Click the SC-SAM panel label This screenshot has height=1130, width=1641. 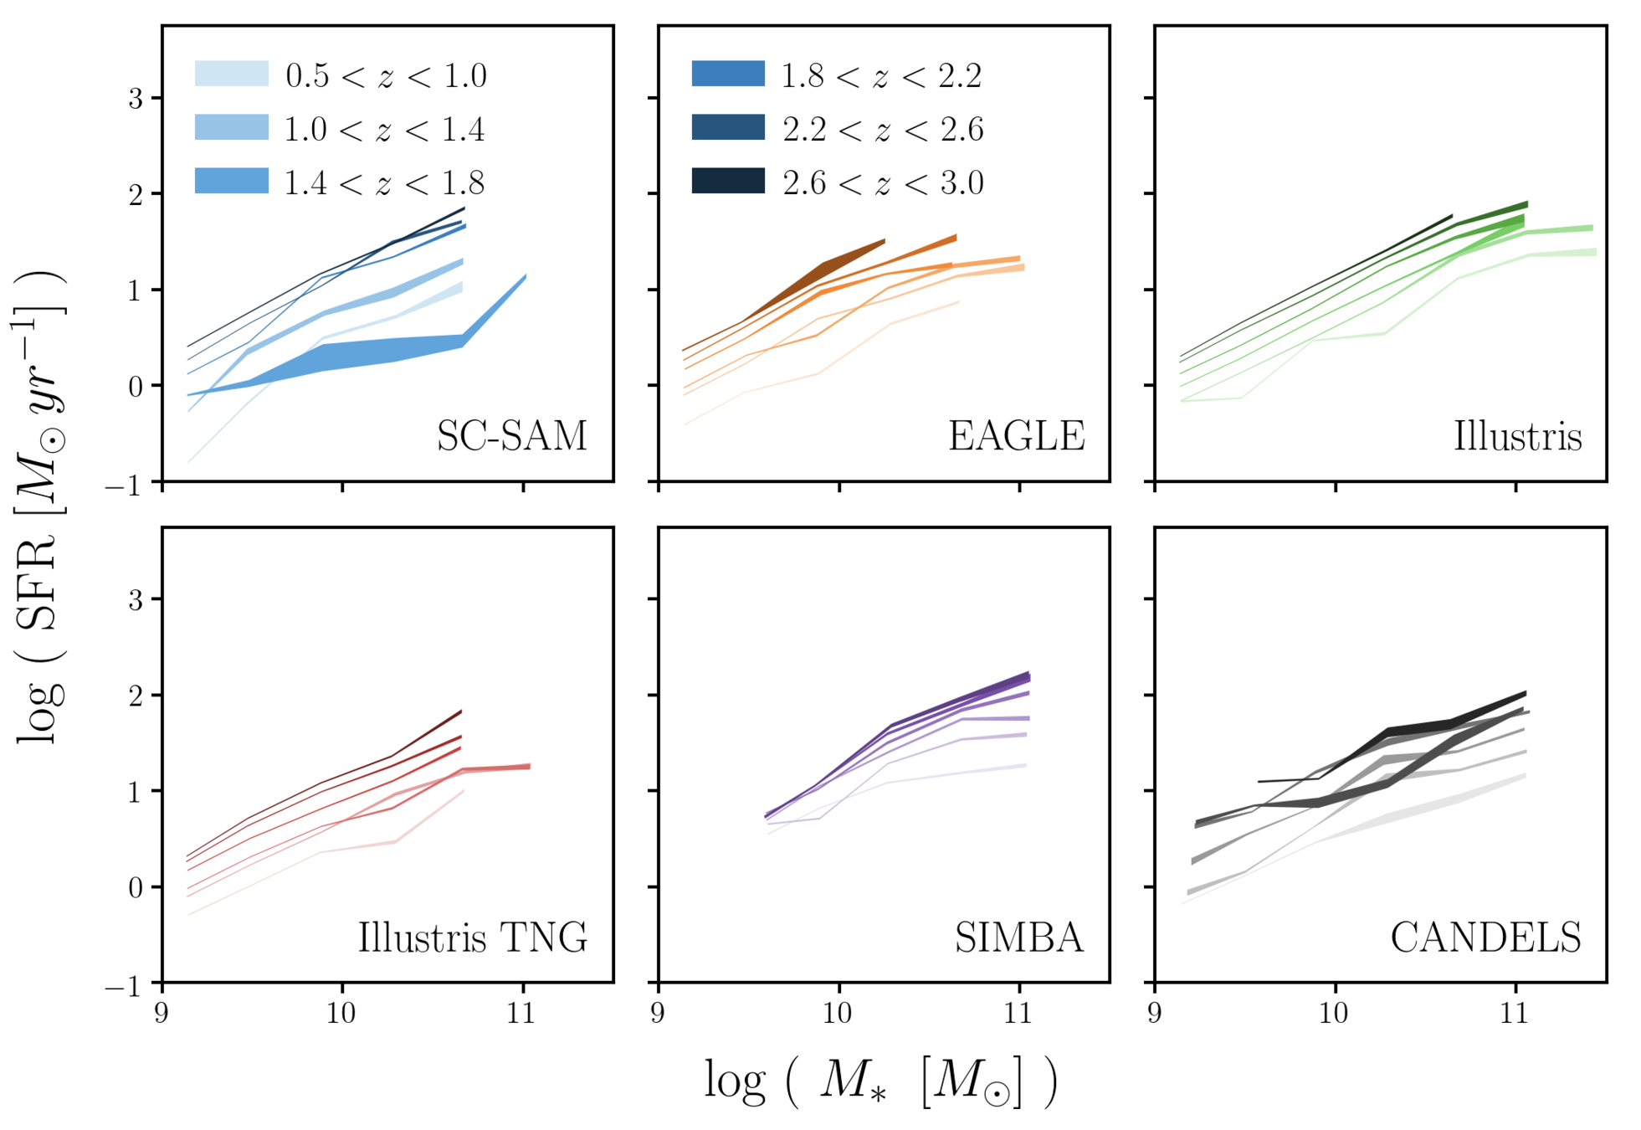(x=511, y=436)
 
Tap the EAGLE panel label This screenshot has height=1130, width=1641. (x=1016, y=436)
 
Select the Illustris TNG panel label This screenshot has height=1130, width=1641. (x=473, y=937)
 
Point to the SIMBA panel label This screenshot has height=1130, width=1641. (x=1018, y=937)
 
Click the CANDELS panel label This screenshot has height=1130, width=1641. (x=1485, y=937)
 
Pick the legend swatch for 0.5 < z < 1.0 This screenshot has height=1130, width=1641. (x=232, y=74)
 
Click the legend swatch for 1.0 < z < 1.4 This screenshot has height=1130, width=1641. (x=232, y=127)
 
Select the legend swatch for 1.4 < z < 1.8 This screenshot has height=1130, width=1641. (x=232, y=181)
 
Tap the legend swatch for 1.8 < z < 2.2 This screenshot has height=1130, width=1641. (x=728, y=74)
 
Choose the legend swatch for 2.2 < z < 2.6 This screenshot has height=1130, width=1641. (x=728, y=127)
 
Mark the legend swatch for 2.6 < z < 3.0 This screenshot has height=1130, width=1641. (x=728, y=181)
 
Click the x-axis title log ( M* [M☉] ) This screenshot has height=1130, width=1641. (x=880, y=1081)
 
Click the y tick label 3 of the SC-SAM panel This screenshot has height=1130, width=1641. (x=136, y=99)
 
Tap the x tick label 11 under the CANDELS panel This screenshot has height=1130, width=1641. (x=1515, y=1014)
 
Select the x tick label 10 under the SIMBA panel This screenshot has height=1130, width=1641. (x=838, y=1014)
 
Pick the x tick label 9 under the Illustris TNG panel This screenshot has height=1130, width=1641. (x=162, y=1014)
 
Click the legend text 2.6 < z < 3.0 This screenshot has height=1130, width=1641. (x=883, y=182)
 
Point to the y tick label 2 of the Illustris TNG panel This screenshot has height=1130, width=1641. (x=136, y=696)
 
